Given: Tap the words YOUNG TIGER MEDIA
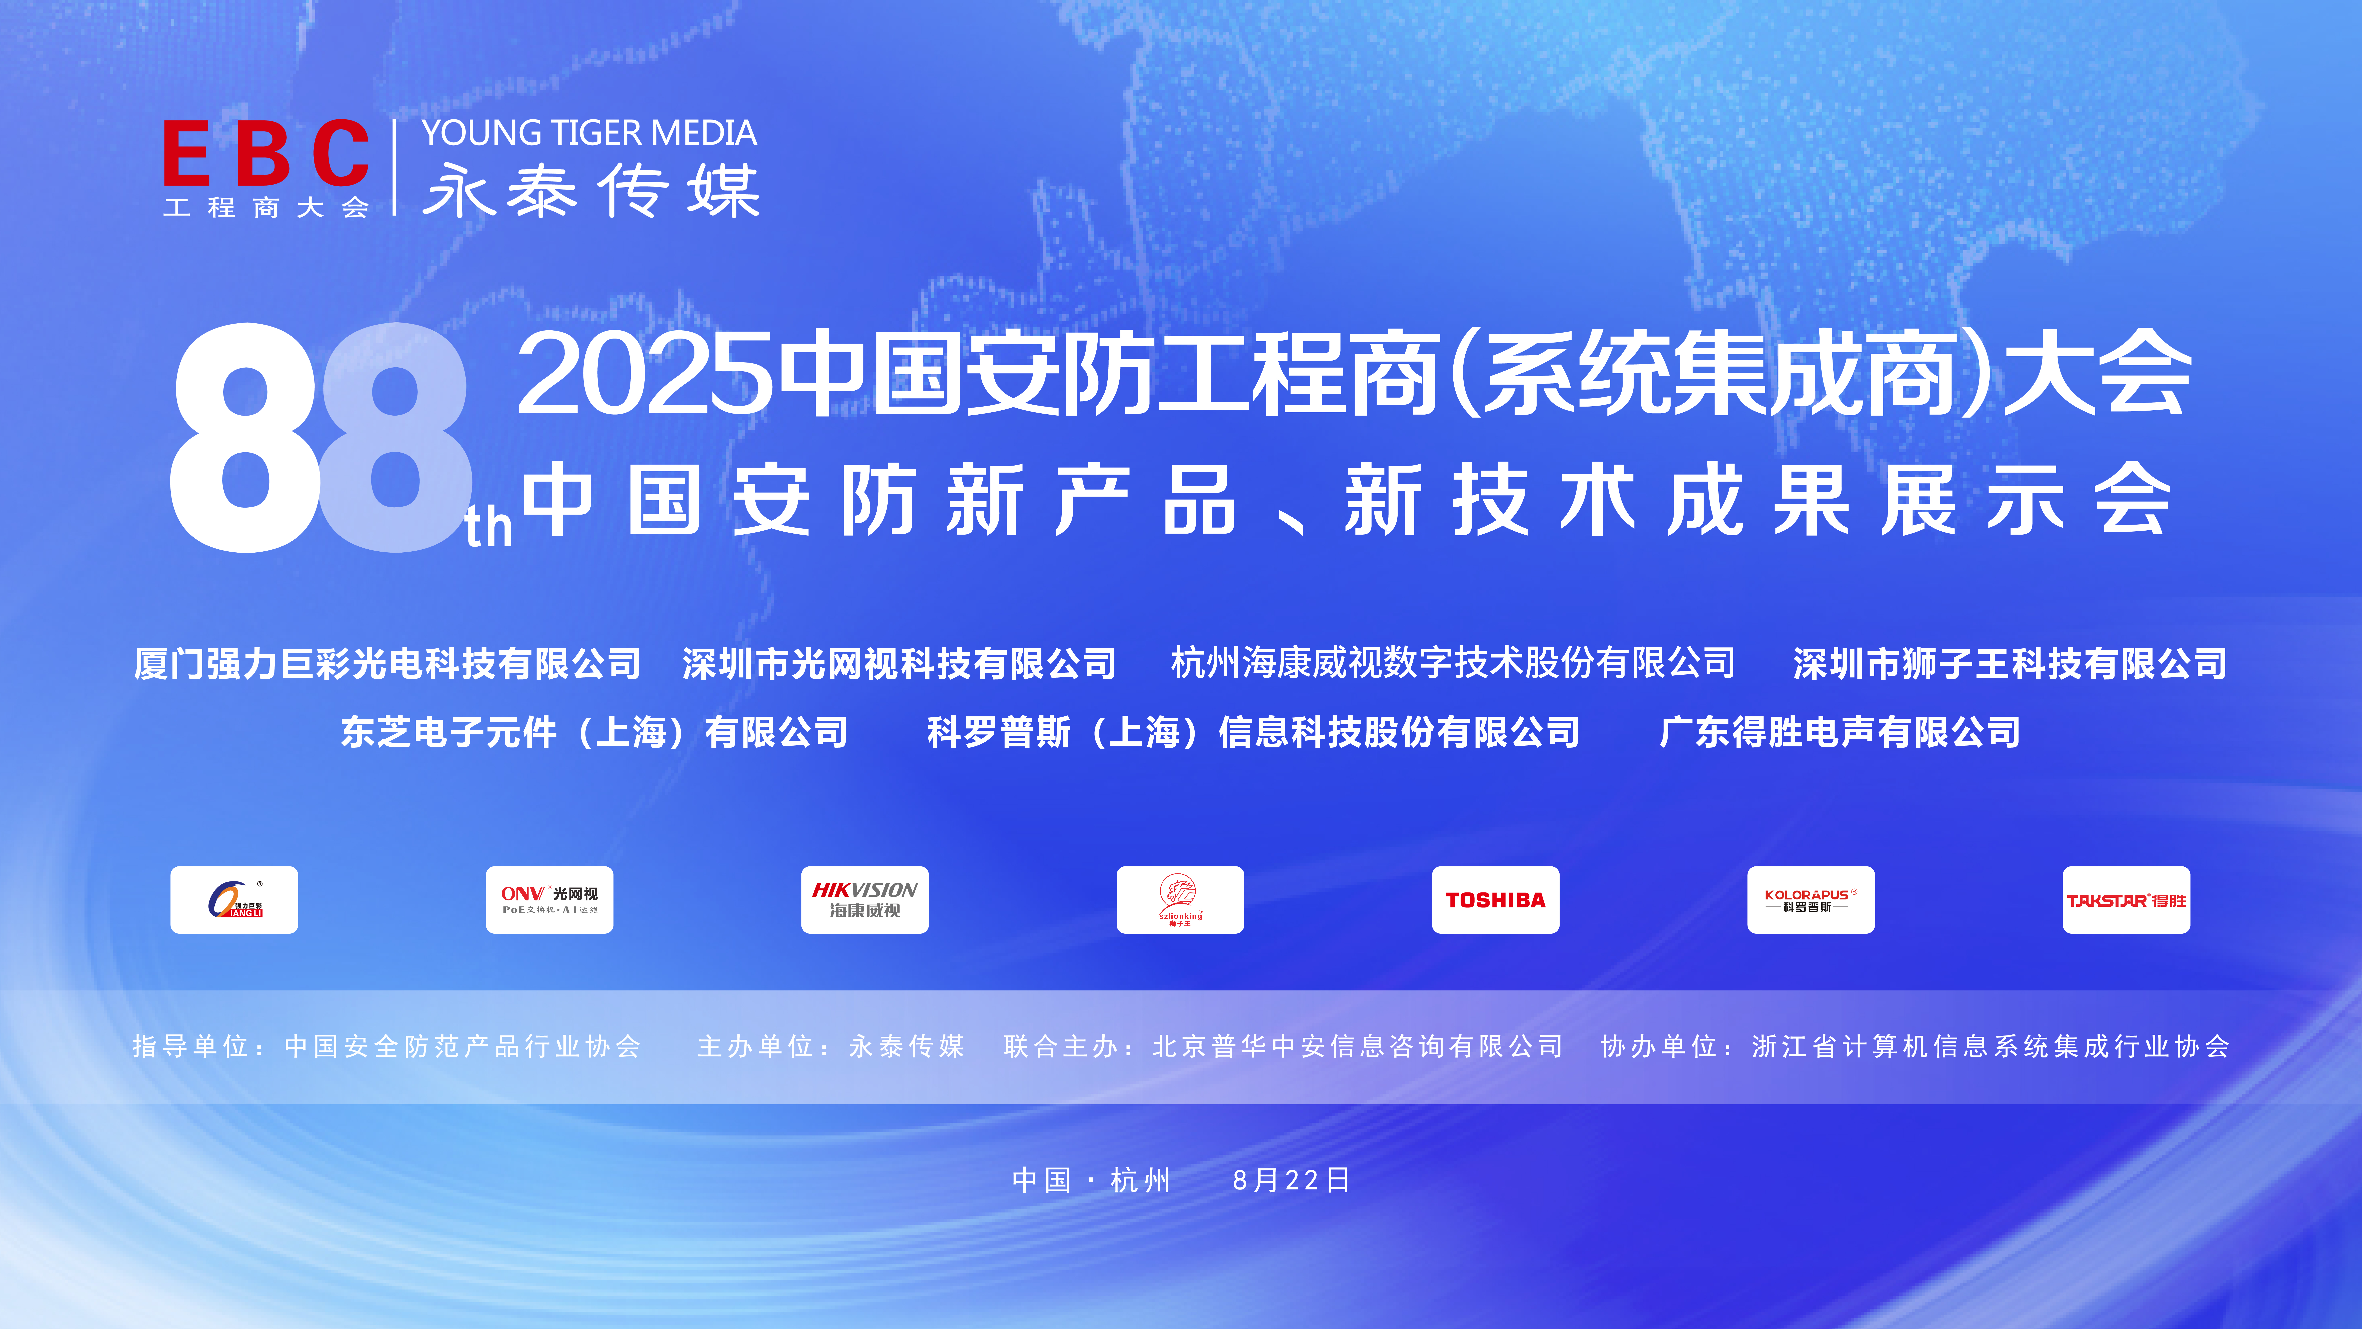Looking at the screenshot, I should click(589, 134).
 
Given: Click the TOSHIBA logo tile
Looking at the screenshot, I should click(1496, 900).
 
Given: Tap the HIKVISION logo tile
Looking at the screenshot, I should click(865, 900).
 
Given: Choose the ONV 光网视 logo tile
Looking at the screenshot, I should click(549, 900).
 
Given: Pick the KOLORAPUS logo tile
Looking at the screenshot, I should click(1811, 900).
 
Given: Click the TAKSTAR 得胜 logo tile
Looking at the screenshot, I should click(2126, 900).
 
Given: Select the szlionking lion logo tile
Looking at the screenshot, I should click(1180, 900).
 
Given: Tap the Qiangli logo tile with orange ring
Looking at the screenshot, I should click(234, 900).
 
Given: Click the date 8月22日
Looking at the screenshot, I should click(1291, 1180).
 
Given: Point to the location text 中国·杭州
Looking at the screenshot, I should click(1091, 1180).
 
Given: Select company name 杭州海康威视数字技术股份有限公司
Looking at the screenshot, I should click(1453, 663).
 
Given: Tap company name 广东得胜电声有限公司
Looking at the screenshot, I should click(1840, 732).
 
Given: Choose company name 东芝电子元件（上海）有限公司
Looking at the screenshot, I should click(594, 732).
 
